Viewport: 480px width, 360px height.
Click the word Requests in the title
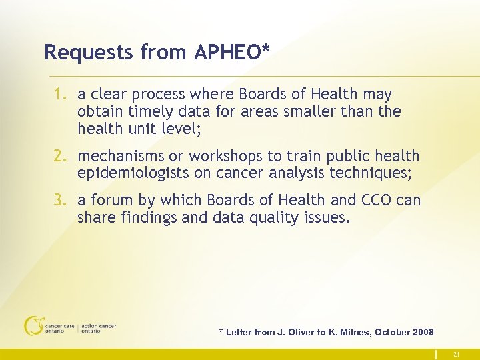click(x=79, y=52)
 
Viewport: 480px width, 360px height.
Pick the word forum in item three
click(x=110, y=200)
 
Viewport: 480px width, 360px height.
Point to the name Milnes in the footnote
click(x=353, y=332)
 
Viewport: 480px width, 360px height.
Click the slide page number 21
click(x=456, y=354)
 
